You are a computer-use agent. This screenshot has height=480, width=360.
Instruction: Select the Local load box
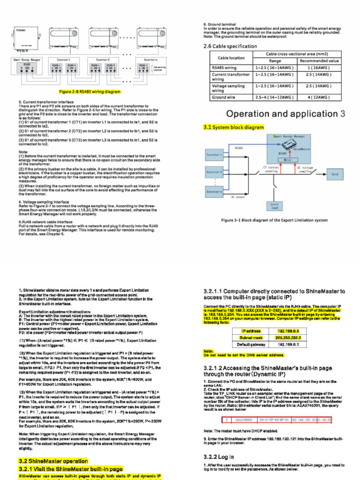click(274, 207)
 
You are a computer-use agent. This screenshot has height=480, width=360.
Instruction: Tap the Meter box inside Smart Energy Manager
click(288, 159)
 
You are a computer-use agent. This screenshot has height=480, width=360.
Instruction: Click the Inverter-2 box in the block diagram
click(214, 172)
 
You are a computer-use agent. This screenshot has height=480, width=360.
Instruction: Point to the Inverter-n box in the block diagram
click(214, 191)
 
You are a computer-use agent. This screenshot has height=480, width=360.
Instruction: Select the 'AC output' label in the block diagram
click(239, 197)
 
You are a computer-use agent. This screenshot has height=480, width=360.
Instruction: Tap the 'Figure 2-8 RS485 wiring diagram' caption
click(90, 92)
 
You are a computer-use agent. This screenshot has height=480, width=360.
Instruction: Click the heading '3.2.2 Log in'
click(218, 457)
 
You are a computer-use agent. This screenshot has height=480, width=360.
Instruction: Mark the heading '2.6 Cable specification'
click(230, 46)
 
